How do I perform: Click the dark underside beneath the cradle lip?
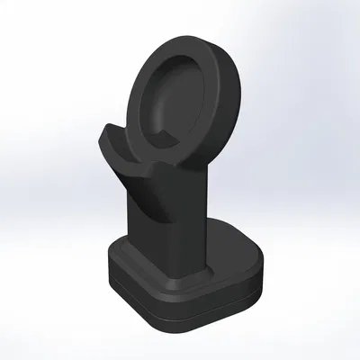135,184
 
